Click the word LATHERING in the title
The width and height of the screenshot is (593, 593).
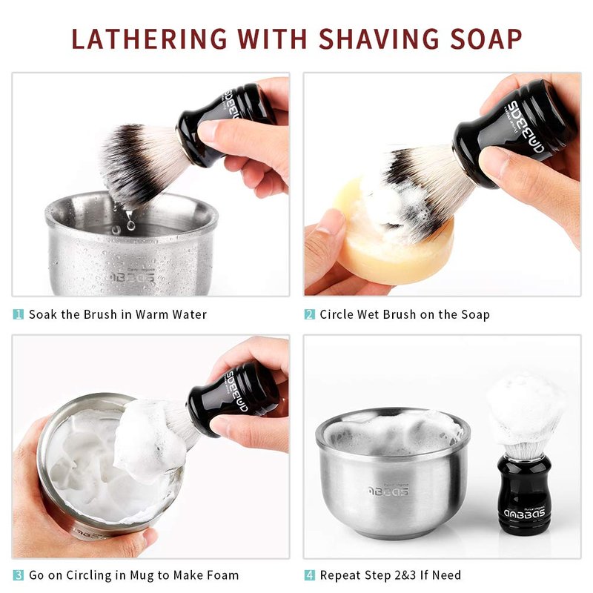point(150,39)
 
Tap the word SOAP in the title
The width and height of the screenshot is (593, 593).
point(486,39)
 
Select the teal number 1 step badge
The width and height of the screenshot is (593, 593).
point(18,314)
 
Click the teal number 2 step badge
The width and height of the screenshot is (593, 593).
point(310,314)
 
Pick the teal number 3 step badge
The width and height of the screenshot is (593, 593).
point(18,575)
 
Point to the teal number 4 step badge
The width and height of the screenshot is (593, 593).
point(310,575)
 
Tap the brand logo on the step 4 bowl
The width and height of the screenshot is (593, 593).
point(388,491)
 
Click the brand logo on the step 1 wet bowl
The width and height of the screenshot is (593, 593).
point(132,277)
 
